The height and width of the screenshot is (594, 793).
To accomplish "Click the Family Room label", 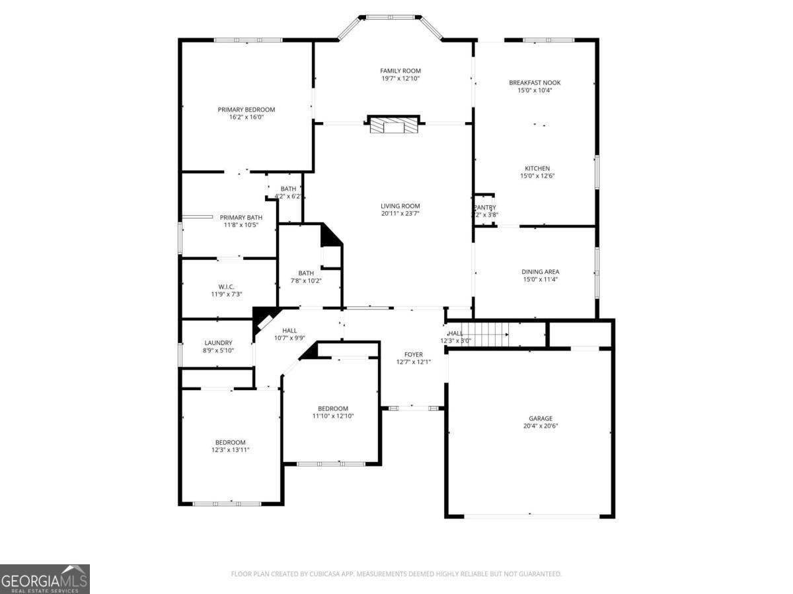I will point(400,71).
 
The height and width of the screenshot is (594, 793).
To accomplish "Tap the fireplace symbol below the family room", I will point(394,125).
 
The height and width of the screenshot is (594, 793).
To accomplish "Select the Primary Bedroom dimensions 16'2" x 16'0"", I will point(246,117).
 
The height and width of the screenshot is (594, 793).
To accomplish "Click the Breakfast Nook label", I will point(535,82).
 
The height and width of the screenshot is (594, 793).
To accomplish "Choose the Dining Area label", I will point(541,271).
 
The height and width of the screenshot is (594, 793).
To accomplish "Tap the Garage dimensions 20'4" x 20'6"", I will point(541,426).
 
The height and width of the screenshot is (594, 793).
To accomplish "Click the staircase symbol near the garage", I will point(484,333).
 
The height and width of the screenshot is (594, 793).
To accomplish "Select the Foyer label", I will point(414,354).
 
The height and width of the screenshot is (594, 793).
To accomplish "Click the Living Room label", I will point(400,206).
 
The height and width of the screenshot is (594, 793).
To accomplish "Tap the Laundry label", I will point(218,343).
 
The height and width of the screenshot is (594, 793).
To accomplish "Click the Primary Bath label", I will point(241,217).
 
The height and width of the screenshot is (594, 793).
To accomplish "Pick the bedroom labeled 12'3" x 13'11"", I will point(230,446).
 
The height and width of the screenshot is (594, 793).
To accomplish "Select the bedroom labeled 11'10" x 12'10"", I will point(333,412).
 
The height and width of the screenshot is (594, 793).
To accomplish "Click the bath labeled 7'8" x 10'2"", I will point(306,277).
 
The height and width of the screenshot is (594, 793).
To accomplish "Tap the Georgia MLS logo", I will point(44,579).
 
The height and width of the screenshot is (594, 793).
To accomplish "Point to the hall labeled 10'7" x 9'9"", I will point(289,334).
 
